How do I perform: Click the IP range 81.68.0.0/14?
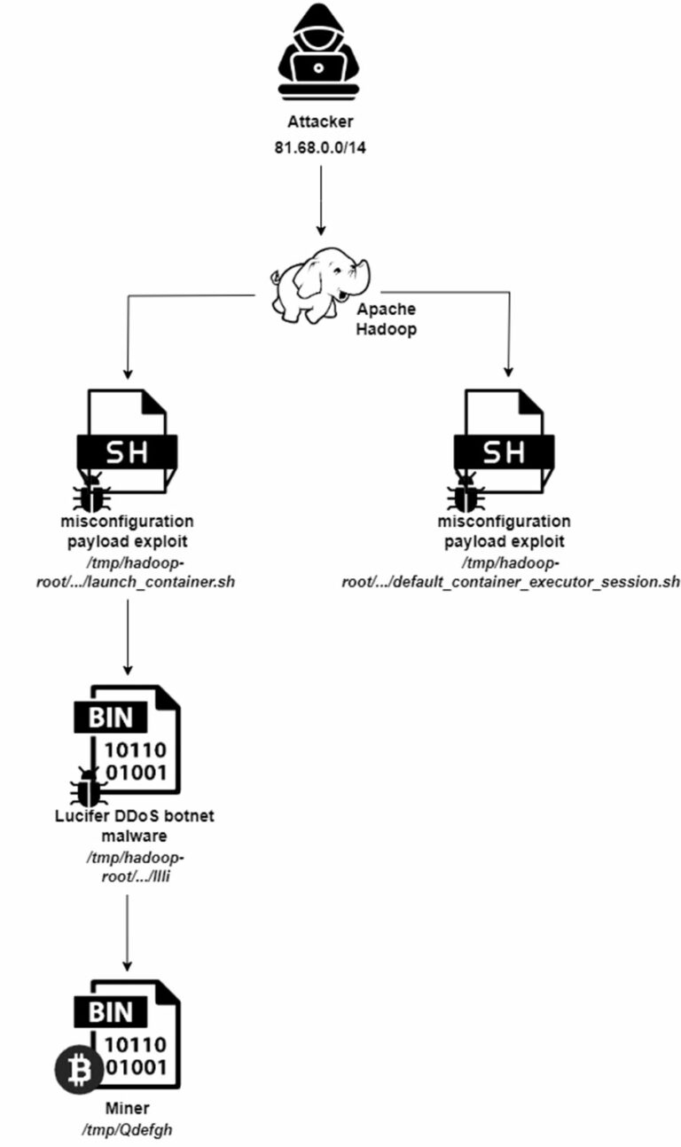[320, 147]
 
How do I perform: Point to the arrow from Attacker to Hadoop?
[320, 200]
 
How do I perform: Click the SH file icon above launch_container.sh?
[128, 441]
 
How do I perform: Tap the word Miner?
[128, 1108]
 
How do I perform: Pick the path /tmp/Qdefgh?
[128, 1129]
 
